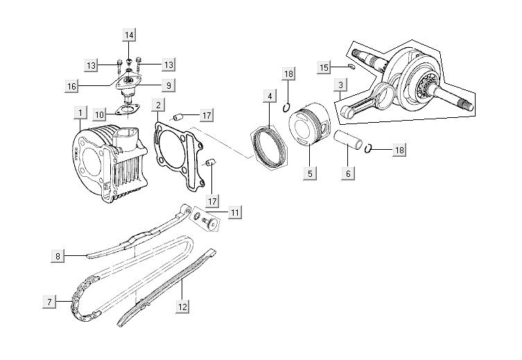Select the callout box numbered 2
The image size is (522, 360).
(x=159, y=106)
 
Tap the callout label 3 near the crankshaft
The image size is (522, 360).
(x=340, y=86)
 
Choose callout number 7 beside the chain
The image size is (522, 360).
(x=49, y=302)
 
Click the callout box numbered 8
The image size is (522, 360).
(x=58, y=256)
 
